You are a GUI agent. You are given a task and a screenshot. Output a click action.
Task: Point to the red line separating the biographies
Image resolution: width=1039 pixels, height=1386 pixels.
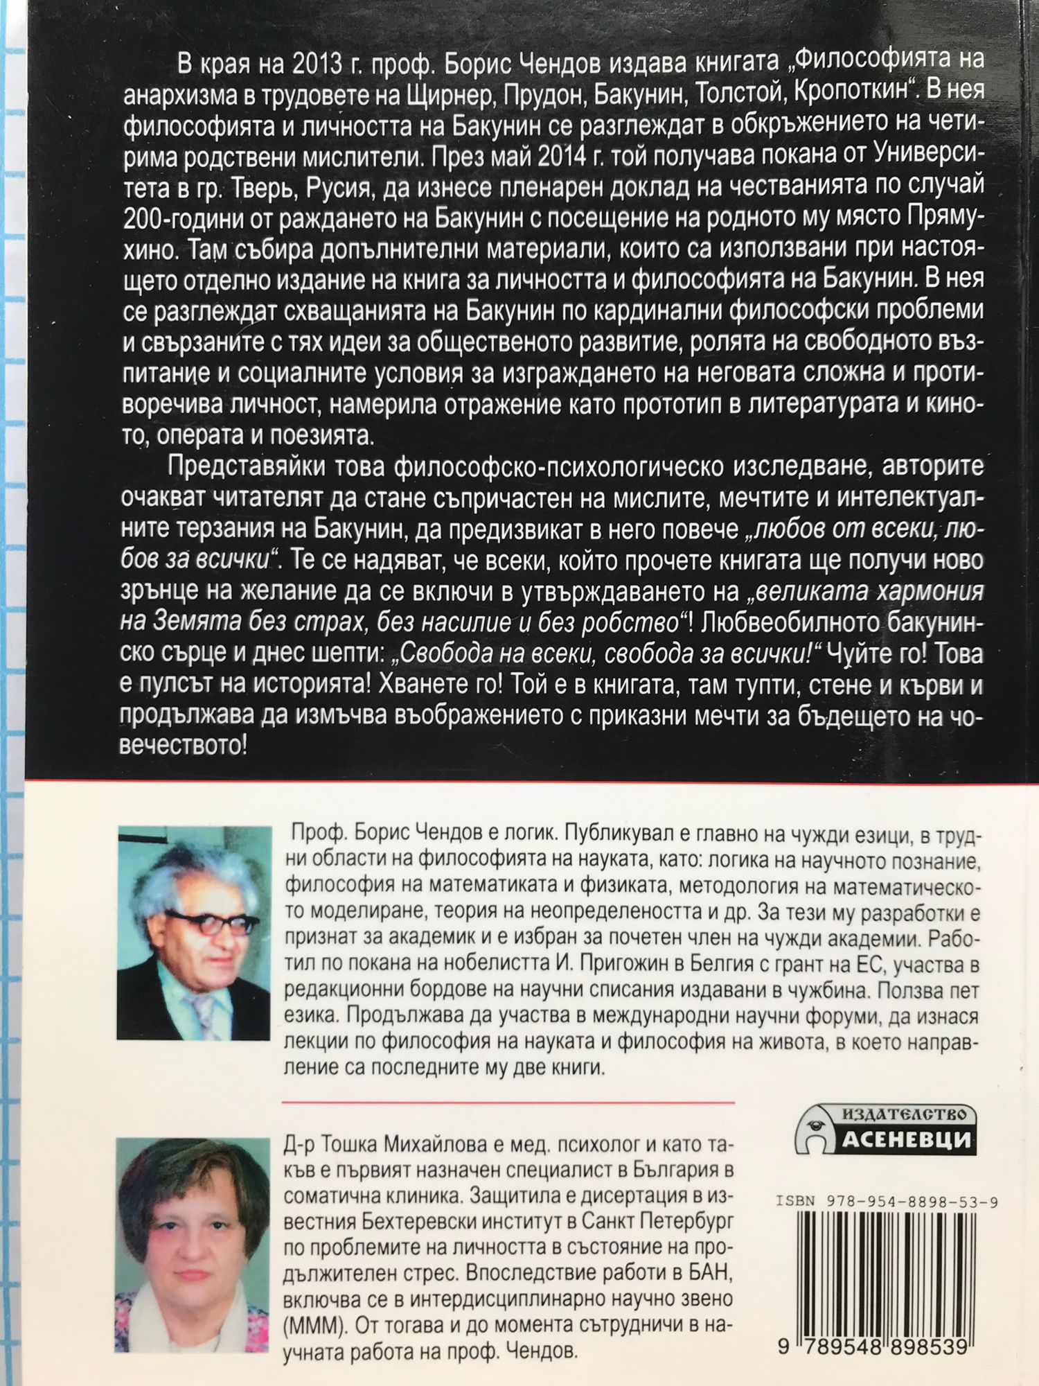click(x=508, y=1100)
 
